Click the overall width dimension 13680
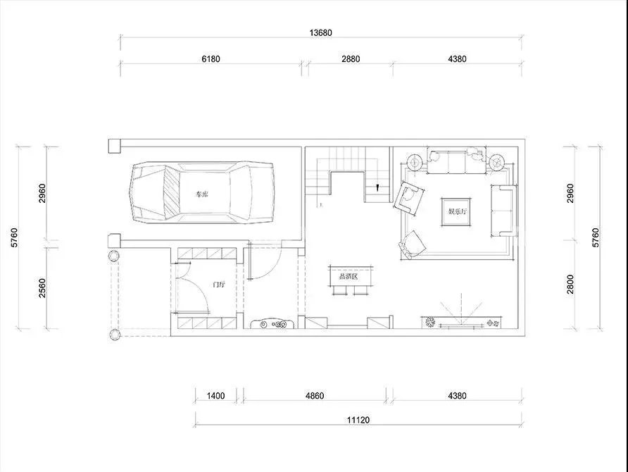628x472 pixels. [x=320, y=33]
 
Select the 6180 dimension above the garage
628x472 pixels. [x=211, y=59]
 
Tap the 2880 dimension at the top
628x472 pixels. [x=351, y=59]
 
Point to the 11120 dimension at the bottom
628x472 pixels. [x=358, y=420]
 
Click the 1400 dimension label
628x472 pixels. [x=215, y=396]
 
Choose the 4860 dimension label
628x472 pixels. [x=315, y=396]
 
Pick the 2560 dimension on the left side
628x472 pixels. [x=42, y=288]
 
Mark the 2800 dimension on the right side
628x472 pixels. [x=570, y=284]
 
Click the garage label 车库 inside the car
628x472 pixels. [x=202, y=194]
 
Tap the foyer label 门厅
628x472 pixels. [x=219, y=285]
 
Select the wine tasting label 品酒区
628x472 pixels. [x=348, y=276]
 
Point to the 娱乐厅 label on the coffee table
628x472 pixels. [x=457, y=211]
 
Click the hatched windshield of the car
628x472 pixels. [x=171, y=192]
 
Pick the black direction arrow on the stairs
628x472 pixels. [x=377, y=187]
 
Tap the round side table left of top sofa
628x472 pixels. [x=415, y=162]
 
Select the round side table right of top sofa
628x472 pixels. [x=496, y=162]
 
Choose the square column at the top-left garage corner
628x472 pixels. [x=115, y=146]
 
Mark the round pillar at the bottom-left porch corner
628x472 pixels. [x=115, y=334]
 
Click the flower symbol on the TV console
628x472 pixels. [x=431, y=322]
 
